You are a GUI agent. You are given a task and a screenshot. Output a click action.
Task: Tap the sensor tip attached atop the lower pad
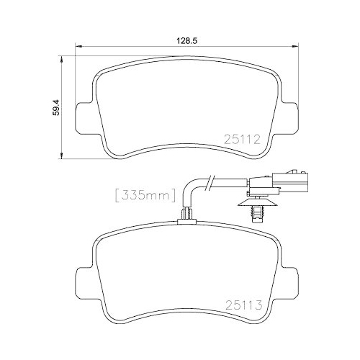pos(186,214)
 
